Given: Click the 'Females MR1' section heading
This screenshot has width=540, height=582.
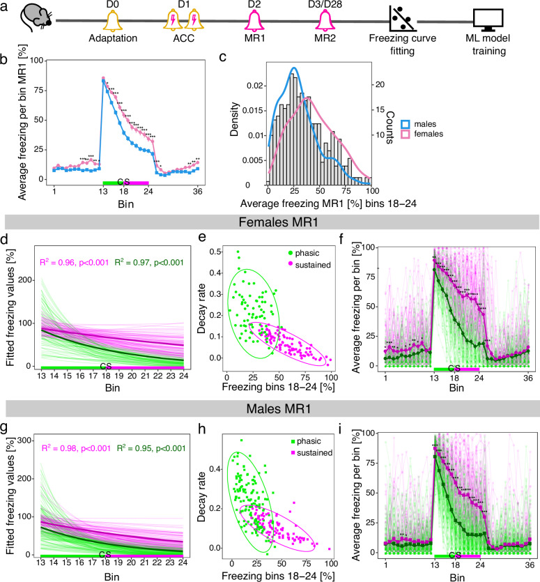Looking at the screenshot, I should [x=270, y=224].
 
